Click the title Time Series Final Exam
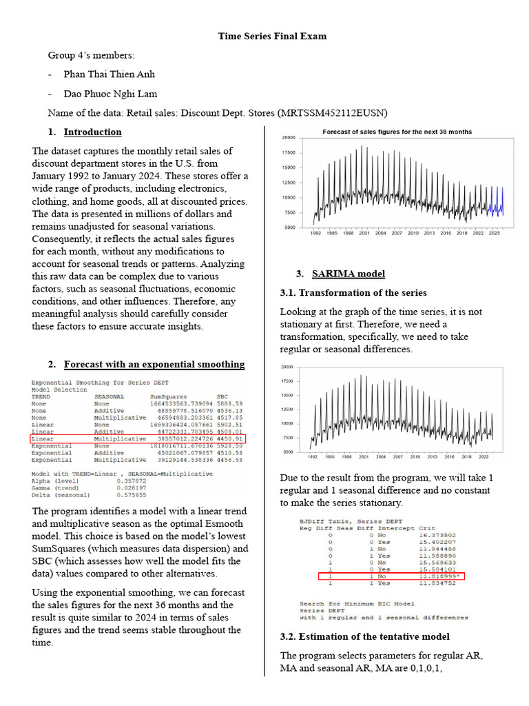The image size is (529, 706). (x=272, y=36)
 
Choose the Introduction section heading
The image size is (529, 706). (x=92, y=132)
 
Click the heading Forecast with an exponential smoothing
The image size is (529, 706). (x=154, y=364)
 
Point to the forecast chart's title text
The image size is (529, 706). (x=397, y=132)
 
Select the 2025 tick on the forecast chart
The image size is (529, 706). (x=494, y=234)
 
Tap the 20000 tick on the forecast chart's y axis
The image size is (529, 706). (x=289, y=138)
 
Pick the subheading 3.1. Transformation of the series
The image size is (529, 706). (x=353, y=292)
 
